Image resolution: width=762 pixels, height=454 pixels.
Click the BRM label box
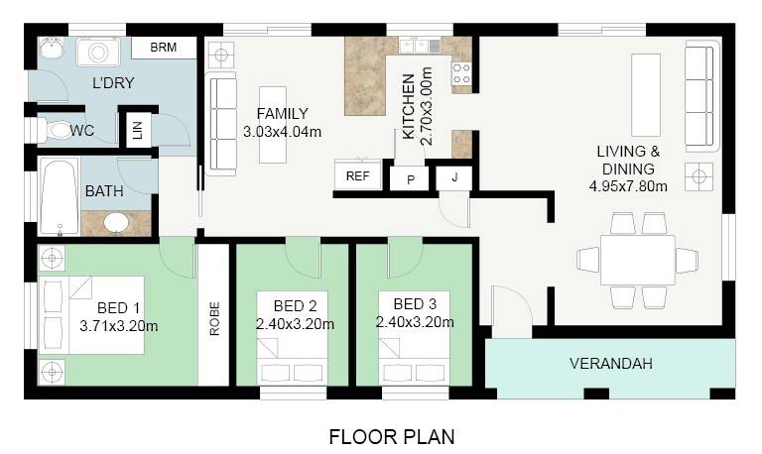tap(164, 48)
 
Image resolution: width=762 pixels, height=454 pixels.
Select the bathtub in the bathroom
tap(60, 195)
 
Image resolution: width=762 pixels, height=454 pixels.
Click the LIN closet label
tap(138, 130)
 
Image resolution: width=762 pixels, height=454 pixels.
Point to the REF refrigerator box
tap(358, 174)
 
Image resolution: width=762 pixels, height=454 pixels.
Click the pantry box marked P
tap(411, 179)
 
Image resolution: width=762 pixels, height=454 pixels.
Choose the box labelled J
tap(454, 177)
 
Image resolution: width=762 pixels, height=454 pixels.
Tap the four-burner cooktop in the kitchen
tap(461, 72)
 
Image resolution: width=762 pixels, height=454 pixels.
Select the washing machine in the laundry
tap(98, 52)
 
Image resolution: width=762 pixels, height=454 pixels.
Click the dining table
tap(638, 261)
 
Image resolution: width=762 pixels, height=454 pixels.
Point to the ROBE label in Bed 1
tap(214, 318)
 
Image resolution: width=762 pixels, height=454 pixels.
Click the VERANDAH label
tap(611, 364)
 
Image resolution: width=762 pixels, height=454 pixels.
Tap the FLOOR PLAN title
tap(392, 437)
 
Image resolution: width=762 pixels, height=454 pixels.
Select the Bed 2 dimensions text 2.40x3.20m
tap(295, 324)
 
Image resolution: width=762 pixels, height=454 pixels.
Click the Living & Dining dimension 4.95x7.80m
tap(628, 186)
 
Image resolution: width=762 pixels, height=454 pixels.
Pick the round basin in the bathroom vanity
tap(117, 223)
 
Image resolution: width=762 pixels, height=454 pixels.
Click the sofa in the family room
tap(222, 124)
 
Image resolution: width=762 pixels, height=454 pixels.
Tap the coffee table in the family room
tap(273, 125)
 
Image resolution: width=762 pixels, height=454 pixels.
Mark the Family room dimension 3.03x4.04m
tap(283, 132)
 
